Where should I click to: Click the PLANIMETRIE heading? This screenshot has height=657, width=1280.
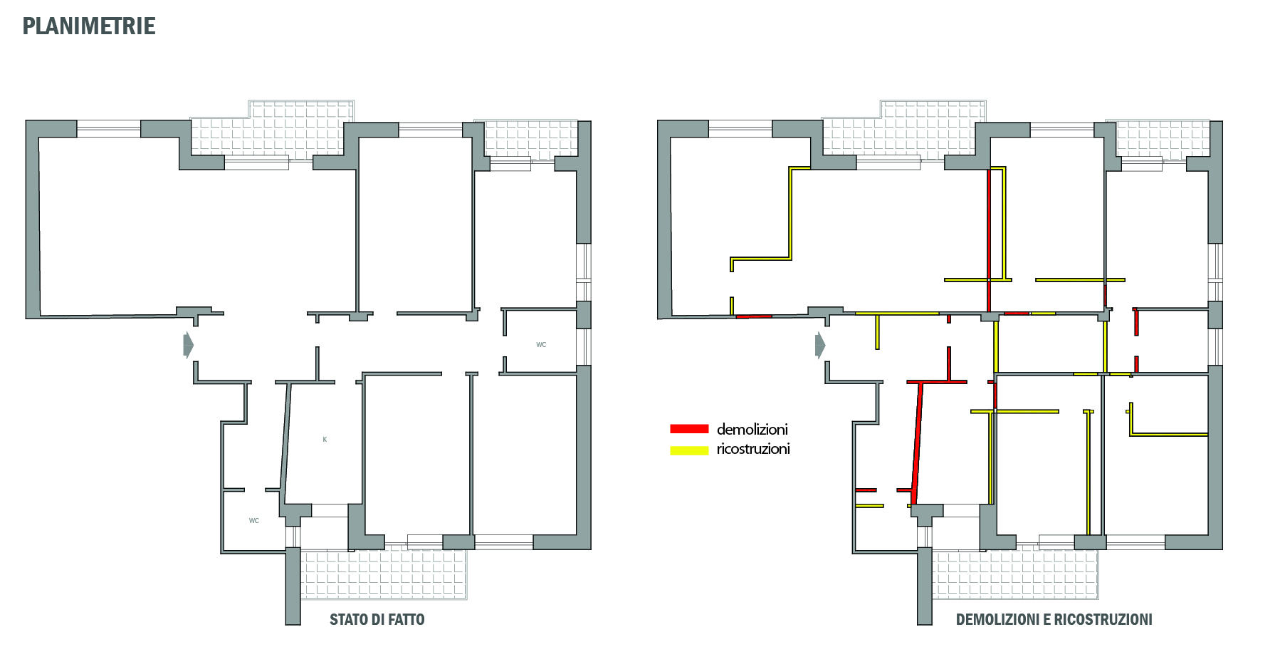(89, 26)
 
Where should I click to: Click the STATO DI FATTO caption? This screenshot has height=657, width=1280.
(377, 619)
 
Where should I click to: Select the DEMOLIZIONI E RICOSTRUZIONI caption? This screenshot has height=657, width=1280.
(1054, 619)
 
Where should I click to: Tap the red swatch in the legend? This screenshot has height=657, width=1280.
(689, 429)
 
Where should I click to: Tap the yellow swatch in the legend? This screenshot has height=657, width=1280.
(689, 450)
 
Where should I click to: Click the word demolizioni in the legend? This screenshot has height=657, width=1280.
(752, 429)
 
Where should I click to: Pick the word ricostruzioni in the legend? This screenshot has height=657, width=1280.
(753, 449)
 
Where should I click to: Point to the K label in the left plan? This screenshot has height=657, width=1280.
(325, 440)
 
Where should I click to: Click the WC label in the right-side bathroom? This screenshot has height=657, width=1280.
(541, 345)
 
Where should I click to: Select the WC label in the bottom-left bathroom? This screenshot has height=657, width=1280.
(254, 521)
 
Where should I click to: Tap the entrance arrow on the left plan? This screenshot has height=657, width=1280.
(188, 345)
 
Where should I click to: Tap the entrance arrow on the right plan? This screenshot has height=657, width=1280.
(820, 345)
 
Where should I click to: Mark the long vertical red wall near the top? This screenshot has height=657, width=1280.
(989, 239)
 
